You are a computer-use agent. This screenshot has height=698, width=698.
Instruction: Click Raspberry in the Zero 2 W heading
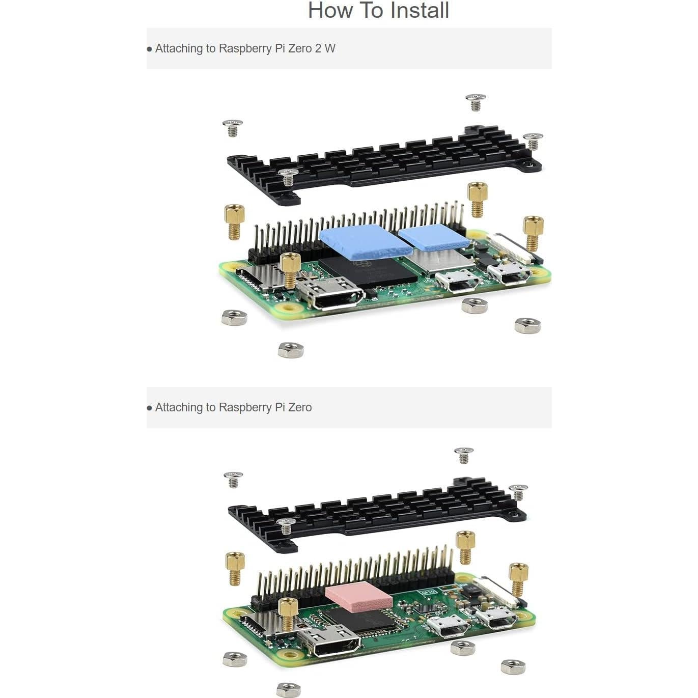(x=244, y=49)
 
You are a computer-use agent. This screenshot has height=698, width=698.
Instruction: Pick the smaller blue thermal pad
(x=433, y=238)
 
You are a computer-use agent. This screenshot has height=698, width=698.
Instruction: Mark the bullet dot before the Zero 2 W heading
(x=150, y=49)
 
